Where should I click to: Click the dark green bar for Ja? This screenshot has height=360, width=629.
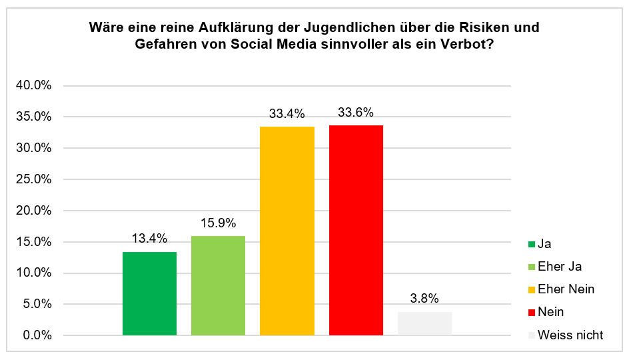pos(149,293)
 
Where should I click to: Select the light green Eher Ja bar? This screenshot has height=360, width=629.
pos(218,285)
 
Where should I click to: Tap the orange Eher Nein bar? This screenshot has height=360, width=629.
pos(287,231)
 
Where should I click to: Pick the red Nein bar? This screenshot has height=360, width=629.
pos(356,230)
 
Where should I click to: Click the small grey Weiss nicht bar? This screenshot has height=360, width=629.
pos(424,323)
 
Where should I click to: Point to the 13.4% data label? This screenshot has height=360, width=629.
pos(149,239)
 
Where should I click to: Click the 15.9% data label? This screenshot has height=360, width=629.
pos(218,223)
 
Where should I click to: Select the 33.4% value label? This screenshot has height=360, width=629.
pos(287,114)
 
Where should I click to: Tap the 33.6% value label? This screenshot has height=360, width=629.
pos(356,113)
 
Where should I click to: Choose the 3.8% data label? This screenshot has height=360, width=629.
pos(424,299)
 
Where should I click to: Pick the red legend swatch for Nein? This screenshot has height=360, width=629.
pos(531,312)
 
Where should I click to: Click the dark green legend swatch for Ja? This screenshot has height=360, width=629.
pos(531,244)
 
